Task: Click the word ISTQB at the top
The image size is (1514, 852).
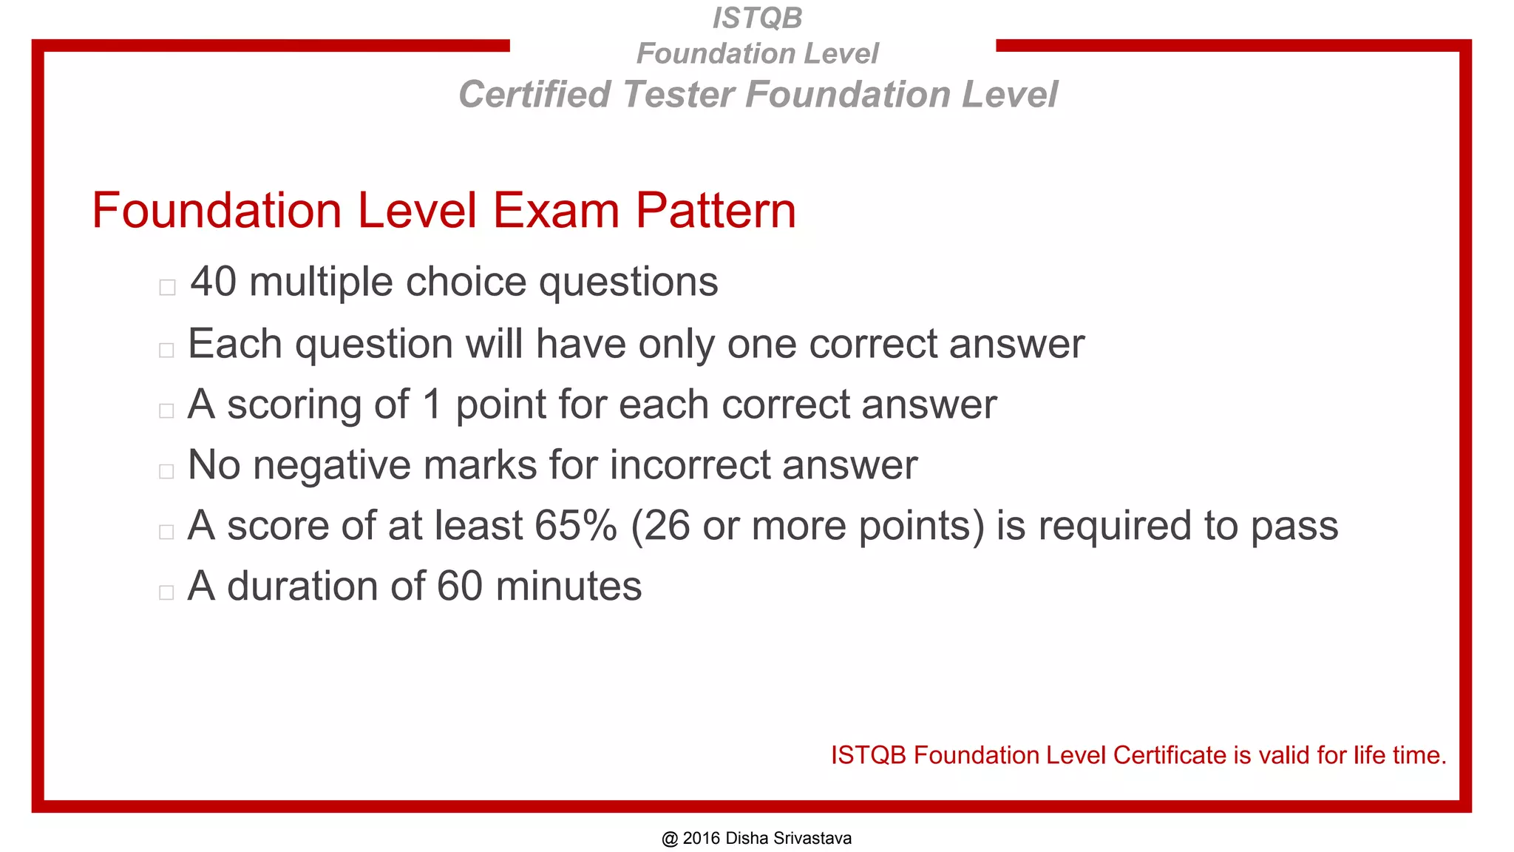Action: coord(757,18)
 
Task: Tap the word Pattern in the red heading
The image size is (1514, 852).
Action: coord(716,211)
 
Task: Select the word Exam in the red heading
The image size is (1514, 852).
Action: coord(556,211)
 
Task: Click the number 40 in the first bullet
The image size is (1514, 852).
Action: coord(214,282)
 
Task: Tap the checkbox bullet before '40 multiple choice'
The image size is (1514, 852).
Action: coord(167,287)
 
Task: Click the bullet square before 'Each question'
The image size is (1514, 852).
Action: coord(166,350)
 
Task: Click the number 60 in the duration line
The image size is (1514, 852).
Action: coord(460,586)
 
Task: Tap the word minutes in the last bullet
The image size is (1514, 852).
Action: coord(568,586)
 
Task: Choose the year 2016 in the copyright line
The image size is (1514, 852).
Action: coord(702,839)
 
